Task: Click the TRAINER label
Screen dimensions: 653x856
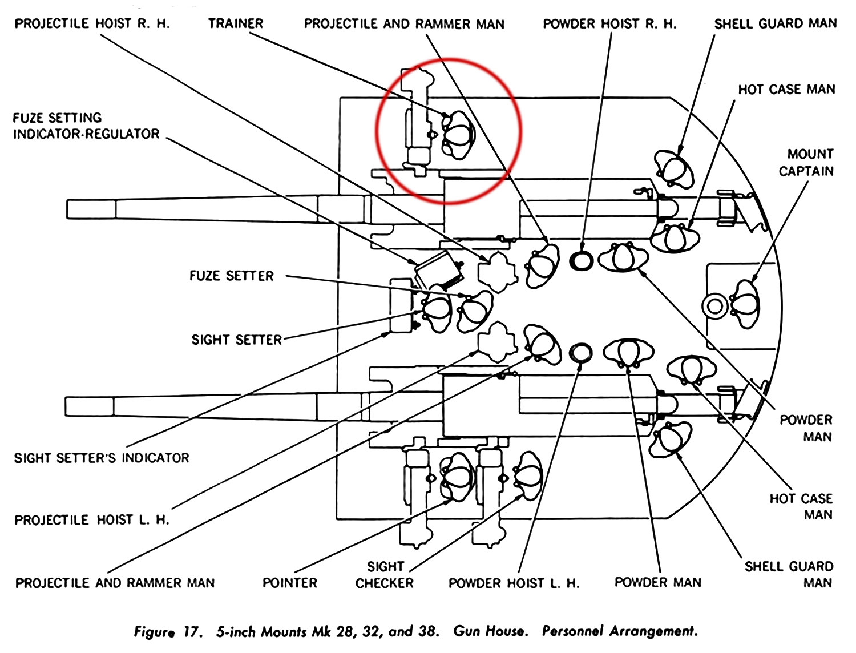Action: [x=235, y=23]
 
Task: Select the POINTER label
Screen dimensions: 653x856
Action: [x=289, y=583]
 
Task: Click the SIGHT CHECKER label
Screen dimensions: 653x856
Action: [x=385, y=575]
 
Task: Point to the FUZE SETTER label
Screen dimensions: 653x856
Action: [x=232, y=276]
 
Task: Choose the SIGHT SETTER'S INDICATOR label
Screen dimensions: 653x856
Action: [x=102, y=458]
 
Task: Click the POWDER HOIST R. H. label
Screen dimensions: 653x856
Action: [x=609, y=24]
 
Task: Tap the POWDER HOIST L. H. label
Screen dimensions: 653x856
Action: [x=514, y=583]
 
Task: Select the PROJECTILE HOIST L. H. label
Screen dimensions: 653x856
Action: [x=92, y=520]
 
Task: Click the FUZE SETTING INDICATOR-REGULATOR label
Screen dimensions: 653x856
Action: [x=86, y=126]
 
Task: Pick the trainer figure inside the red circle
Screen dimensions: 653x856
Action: [x=458, y=135]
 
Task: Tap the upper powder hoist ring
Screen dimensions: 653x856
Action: [x=582, y=261]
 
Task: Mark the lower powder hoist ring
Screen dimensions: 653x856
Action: [x=581, y=353]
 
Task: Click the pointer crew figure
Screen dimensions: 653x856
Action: [x=458, y=476]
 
